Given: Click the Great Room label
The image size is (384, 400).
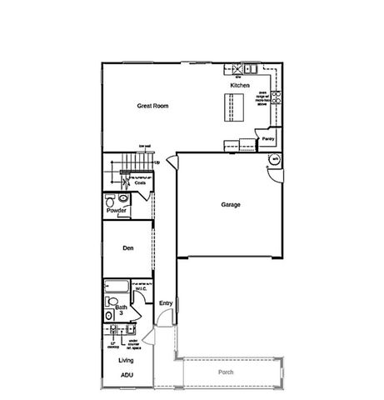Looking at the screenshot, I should pyautogui.click(x=152, y=107).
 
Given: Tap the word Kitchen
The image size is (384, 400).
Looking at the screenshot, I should pyautogui.click(x=240, y=86).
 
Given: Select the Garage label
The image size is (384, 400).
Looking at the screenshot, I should pyautogui.click(x=231, y=204).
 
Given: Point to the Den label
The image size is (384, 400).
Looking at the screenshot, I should pyautogui.click(x=128, y=247).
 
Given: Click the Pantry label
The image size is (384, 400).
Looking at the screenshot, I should pyautogui.click(x=267, y=139).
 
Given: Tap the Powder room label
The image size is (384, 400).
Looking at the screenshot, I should pyautogui.click(x=117, y=211).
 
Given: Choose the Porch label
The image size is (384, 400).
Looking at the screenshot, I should pyautogui.click(x=225, y=372).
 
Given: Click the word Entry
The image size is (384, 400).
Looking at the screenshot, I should pyautogui.click(x=166, y=302).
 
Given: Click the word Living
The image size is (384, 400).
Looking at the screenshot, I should pyautogui.click(x=126, y=360).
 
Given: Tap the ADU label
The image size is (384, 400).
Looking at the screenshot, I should pyautogui.click(x=126, y=376).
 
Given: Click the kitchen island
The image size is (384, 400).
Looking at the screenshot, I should pyautogui.click(x=229, y=107).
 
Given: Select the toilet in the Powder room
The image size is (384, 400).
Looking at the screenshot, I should pyautogui.click(x=112, y=199).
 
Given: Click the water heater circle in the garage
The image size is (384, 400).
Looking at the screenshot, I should pyautogui.click(x=272, y=159).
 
